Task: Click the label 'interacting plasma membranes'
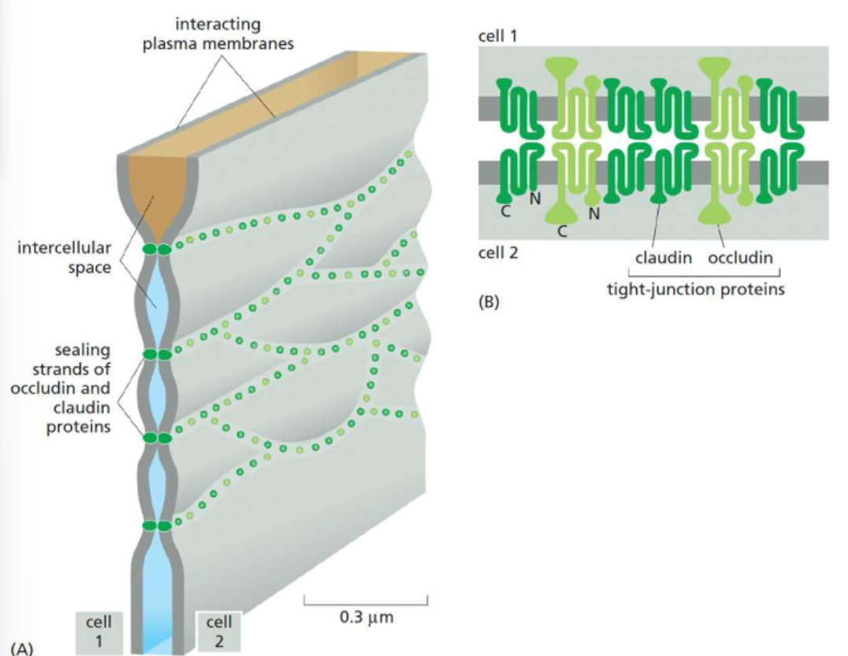coord(218,34)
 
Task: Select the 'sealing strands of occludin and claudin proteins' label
coord(72,387)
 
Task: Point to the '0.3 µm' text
coord(366,617)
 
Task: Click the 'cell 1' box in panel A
coord(99,632)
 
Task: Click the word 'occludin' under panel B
coord(740,258)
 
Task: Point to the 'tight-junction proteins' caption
coord(695,289)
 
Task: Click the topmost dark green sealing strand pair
coord(156,250)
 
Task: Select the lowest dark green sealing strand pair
coord(156,525)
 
